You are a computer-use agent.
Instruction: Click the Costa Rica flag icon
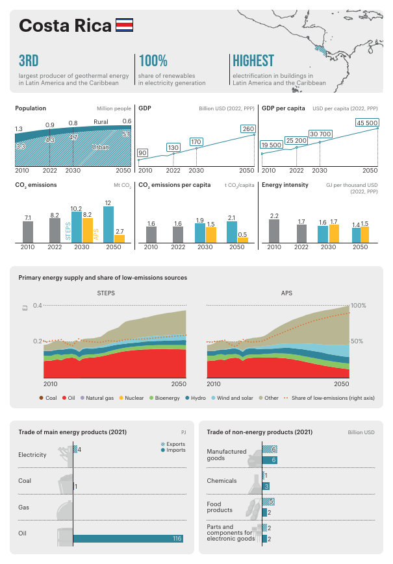(x=124, y=25)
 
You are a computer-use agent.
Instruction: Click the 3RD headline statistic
(x=29, y=61)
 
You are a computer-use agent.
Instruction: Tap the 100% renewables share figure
(x=153, y=61)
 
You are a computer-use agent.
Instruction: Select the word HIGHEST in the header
(x=253, y=61)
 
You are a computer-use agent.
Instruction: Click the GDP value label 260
(x=248, y=129)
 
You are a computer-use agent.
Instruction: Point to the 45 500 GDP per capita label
(x=367, y=123)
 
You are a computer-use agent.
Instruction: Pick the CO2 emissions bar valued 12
(x=108, y=225)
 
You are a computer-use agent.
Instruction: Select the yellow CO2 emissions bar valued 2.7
(x=120, y=239)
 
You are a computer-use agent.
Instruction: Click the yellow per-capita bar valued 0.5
(x=243, y=240)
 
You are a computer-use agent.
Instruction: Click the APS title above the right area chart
(x=286, y=293)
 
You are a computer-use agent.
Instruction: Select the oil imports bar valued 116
(x=128, y=538)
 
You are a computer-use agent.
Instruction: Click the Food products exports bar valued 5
(x=268, y=502)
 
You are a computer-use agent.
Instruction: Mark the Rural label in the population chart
(x=101, y=122)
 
